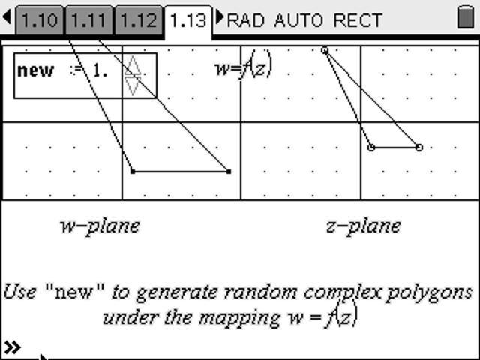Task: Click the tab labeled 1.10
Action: coord(40,20)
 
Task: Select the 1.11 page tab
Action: coord(90,20)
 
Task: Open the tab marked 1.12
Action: coord(140,20)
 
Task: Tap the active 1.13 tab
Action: coord(188,20)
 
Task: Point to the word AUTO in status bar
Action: coord(300,20)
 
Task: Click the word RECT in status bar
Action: coord(358,20)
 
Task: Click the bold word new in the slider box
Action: coord(35,70)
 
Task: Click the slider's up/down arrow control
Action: coord(133,76)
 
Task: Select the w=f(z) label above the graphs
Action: coord(243,67)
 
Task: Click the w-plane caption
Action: coord(100,226)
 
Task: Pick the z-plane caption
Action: coord(364,226)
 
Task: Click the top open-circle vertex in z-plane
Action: coord(325,51)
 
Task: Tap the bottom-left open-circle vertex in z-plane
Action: coord(371,148)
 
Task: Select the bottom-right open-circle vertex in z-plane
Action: coord(419,148)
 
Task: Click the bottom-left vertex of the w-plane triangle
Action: coord(133,172)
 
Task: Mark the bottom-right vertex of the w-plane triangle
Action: coord(229,172)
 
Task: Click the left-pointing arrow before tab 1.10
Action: coord(7,18)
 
